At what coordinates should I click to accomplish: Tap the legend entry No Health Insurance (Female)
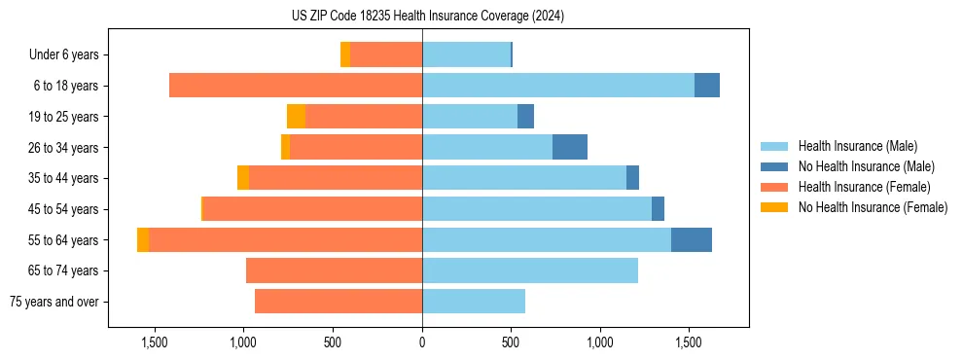[x=873, y=207]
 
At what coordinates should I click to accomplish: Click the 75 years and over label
[x=54, y=302]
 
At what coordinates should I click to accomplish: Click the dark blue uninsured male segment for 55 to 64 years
[x=691, y=239]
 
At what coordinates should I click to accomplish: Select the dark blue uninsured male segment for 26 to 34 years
[x=569, y=147]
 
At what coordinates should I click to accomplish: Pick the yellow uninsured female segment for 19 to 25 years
[x=296, y=117]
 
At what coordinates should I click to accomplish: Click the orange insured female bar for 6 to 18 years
[x=296, y=86]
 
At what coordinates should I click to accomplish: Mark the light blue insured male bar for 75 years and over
[x=474, y=302]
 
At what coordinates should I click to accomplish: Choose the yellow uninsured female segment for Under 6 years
[x=345, y=55]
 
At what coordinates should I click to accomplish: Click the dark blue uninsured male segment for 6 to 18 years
[x=706, y=86]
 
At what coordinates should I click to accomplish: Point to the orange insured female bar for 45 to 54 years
[x=312, y=209]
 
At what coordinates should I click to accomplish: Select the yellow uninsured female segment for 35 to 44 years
[x=243, y=178]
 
